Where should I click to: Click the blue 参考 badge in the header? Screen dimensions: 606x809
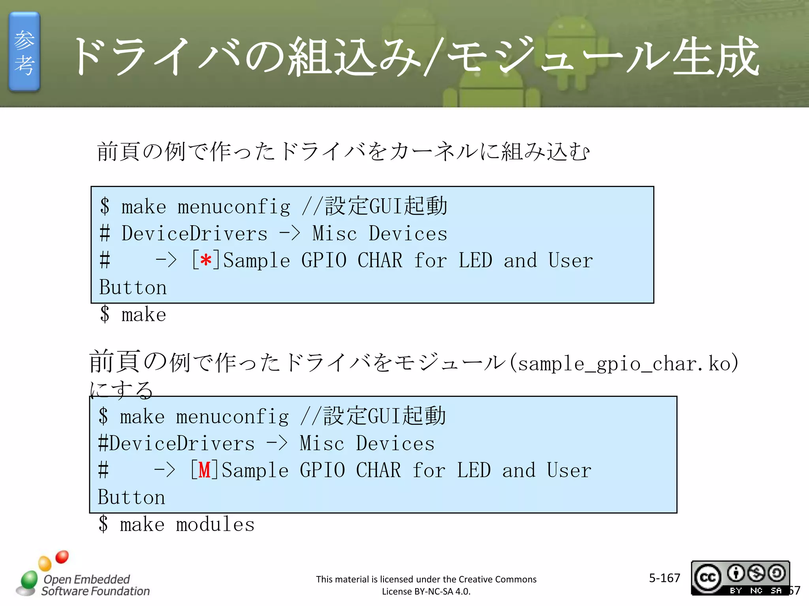point(24,52)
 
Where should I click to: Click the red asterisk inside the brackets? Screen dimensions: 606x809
point(206,261)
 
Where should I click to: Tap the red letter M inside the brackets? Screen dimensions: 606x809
point(204,470)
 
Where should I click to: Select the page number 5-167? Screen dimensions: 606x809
point(664,578)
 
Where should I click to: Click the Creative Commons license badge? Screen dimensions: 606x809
point(740,578)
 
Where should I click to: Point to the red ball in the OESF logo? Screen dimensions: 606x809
point(62,557)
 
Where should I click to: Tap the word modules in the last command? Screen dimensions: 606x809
point(215,525)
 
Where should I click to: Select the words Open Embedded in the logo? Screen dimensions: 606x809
point(87,579)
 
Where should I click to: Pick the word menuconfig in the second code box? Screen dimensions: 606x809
point(232,417)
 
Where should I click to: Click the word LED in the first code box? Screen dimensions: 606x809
point(475,261)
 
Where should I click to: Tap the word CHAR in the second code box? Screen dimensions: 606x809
point(378,470)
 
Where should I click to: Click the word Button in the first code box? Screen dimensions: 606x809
point(133,287)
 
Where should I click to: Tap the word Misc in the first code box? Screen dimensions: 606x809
point(335,234)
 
